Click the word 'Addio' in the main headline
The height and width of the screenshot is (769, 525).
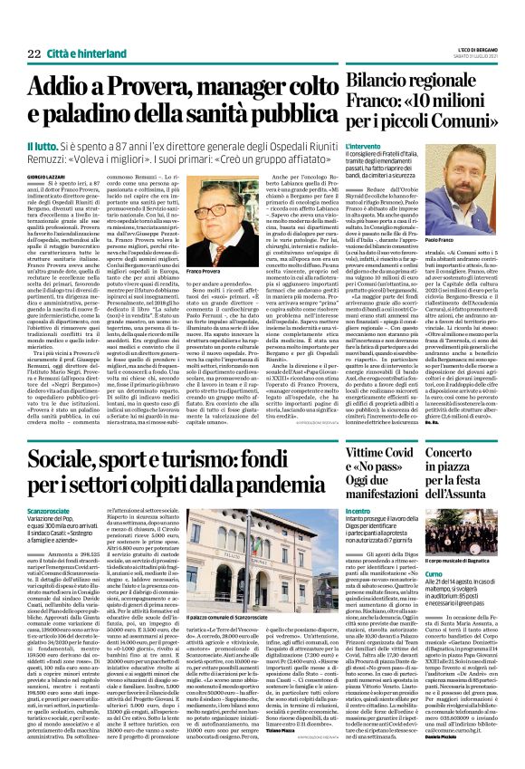click(67, 89)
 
